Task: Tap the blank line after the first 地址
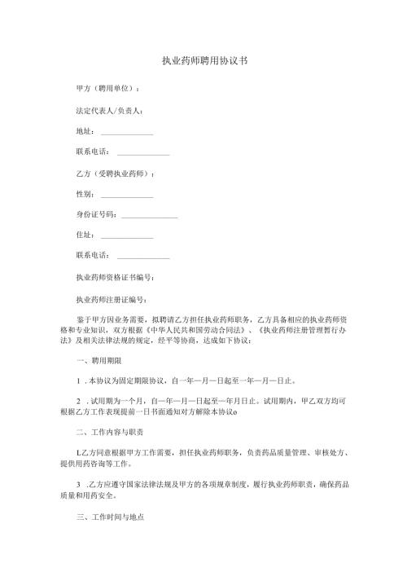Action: click(127, 132)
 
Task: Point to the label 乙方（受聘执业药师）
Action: click(115, 174)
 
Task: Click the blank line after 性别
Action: click(127, 196)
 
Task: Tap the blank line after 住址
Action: click(127, 237)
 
